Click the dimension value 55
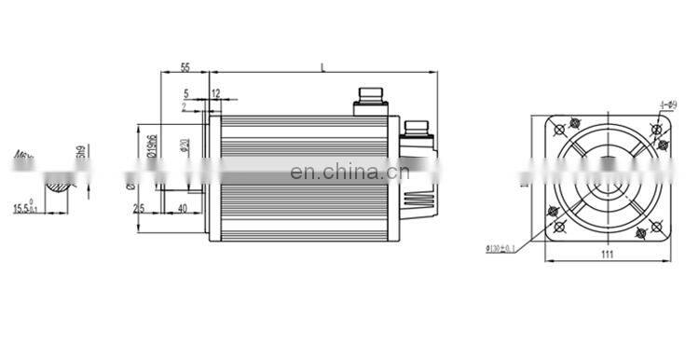pos(185,67)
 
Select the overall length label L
pos(322,66)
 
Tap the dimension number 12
pos(216,93)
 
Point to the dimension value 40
pos(181,207)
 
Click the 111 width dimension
pos(606,254)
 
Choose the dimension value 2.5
pos(139,207)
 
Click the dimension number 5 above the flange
pos(186,93)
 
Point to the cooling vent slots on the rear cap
pos(417,198)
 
